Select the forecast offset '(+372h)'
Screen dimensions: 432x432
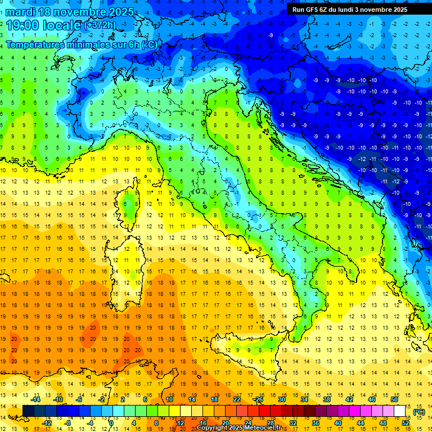tap(101, 25)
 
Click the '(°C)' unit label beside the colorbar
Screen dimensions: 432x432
tap(419, 412)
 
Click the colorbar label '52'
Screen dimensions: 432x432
tap(406, 423)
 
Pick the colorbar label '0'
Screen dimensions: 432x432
tap(111, 423)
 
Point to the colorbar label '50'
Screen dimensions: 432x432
tap(394, 399)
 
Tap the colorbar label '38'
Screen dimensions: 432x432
tap(326, 399)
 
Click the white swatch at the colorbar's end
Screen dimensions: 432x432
tap(400, 411)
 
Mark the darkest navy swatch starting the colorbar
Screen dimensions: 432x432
tap(28, 411)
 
